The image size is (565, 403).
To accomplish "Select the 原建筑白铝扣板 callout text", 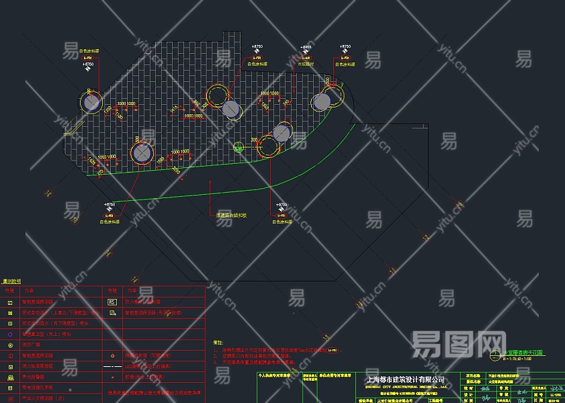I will click(232, 216).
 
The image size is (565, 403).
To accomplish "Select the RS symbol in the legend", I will click(112, 302).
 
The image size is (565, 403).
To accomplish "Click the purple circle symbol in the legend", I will click(9, 334).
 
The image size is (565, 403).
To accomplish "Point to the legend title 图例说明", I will click(11, 281).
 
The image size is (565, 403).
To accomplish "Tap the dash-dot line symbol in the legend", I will click(112, 366).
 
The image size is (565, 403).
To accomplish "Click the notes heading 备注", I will click(217, 342).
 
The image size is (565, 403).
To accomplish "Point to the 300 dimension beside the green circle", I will click(254, 140).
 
